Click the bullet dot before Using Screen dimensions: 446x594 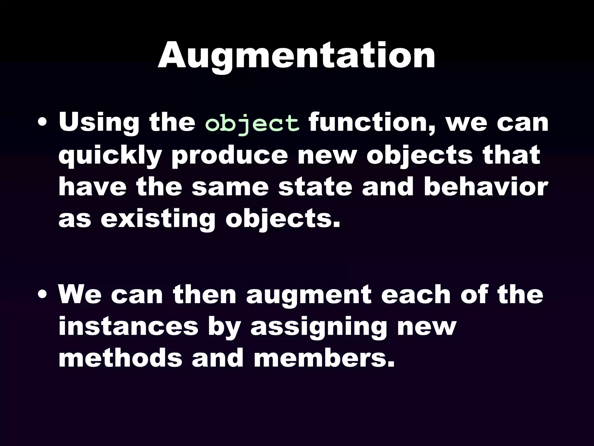(x=43, y=122)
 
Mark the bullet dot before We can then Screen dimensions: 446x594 (x=43, y=295)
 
